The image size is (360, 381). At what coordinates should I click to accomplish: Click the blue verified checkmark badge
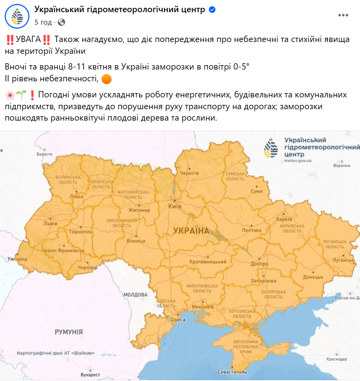point(212,10)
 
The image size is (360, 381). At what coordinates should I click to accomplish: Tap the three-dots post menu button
point(343,15)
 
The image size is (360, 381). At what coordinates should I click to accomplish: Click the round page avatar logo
point(17,16)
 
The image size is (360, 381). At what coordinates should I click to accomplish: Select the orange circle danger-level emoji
point(106,79)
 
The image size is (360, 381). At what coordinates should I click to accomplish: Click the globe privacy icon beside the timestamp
point(61,22)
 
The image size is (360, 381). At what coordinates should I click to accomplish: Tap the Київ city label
point(174,206)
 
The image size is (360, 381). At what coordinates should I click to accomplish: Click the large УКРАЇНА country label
point(191,231)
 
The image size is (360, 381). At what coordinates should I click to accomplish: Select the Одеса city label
point(178,320)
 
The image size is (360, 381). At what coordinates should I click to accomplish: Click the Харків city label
point(284,219)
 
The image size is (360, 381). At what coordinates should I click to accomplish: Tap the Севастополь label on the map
point(232,372)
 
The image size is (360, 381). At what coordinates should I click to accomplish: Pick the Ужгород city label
point(17,259)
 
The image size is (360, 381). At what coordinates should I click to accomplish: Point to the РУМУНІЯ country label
point(69,332)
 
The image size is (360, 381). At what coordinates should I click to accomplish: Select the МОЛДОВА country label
point(135,295)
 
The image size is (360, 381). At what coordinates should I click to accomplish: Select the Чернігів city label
point(189,173)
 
